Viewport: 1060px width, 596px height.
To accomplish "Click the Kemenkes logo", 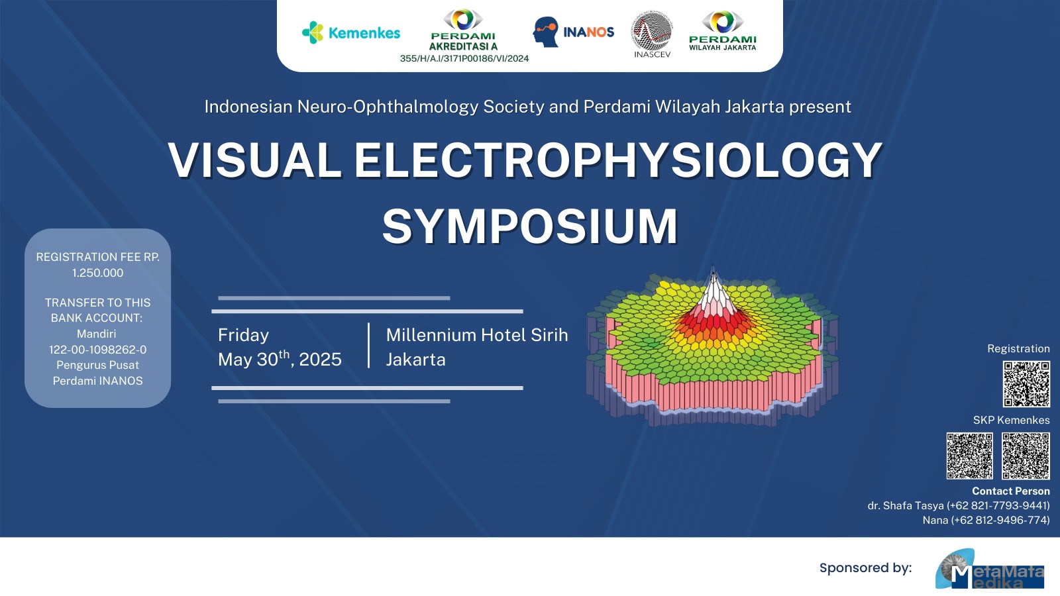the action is [351, 32].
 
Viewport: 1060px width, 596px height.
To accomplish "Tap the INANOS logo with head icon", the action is [574, 32].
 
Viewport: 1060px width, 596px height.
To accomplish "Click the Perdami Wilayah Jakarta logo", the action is [723, 30].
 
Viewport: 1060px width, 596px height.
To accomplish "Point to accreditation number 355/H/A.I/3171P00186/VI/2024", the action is [464, 59].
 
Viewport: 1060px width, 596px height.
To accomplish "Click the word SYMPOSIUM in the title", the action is [530, 226].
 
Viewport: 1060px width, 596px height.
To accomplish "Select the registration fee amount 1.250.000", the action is [98, 273].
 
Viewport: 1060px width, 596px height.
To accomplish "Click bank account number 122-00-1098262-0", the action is [98, 350].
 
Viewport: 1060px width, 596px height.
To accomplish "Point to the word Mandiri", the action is [97, 334].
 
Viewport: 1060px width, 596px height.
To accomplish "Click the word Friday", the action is [243, 335].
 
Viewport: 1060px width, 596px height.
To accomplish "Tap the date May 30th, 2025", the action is [280, 359].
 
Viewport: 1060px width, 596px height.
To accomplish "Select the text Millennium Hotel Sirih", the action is [477, 335].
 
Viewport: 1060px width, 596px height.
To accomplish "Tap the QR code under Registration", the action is [1026, 384].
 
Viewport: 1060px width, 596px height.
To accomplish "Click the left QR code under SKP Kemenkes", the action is [970, 456].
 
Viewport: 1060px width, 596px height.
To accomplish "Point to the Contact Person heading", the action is [1011, 491].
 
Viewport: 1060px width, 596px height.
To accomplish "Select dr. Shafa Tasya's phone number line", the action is [959, 506].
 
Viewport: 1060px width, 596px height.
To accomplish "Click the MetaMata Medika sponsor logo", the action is [990, 570].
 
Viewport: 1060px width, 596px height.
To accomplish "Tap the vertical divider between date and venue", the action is [368, 345].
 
